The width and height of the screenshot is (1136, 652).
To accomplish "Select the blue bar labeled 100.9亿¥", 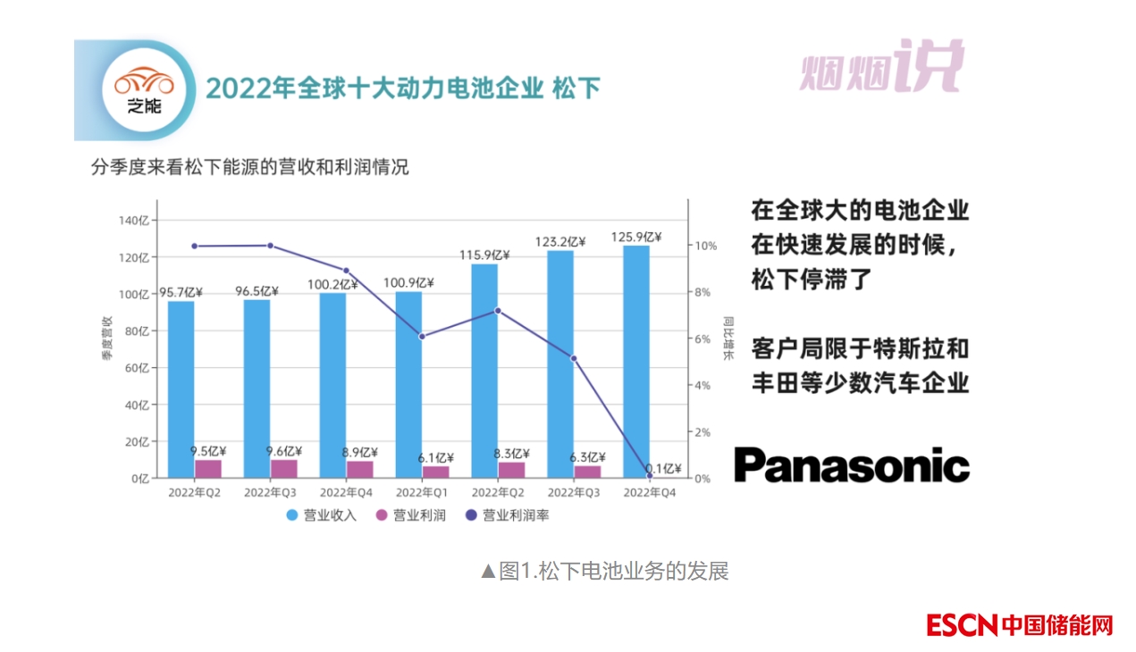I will point(408,384).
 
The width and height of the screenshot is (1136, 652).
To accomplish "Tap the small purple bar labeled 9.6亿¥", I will point(283,469).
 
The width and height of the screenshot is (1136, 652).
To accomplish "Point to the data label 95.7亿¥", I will point(181,292).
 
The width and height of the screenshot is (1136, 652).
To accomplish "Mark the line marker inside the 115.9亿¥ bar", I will point(498,311).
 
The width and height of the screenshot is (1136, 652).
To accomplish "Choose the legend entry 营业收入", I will point(322,515).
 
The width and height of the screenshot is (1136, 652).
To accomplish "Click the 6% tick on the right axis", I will point(703,339).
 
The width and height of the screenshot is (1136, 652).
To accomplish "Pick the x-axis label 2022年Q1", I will point(422,492).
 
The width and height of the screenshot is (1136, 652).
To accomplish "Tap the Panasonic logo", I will point(851,465).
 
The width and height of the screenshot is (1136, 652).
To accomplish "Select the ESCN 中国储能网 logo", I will point(1019,625).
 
